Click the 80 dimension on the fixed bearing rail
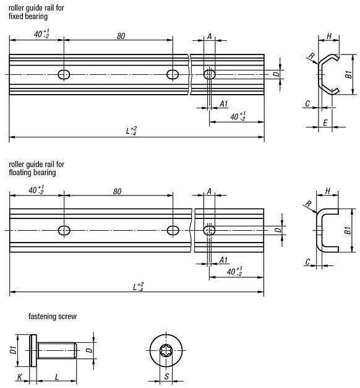click(x=120, y=36)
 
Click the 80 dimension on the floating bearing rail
click(x=118, y=192)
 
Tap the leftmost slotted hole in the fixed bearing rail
click(x=64, y=75)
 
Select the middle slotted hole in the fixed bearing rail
click(x=173, y=75)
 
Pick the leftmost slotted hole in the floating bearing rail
click(x=64, y=230)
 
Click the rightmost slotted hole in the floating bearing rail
click(x=210, y=230)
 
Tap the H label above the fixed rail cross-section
click(x=329, y=36)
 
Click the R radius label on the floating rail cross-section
click(x=307, y=205)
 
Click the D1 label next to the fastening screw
click(x=14, y=350)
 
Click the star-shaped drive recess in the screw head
click(x=166, y=350)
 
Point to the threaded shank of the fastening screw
click(x=57, y=350)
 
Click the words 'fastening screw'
click(x=52, y=316)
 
